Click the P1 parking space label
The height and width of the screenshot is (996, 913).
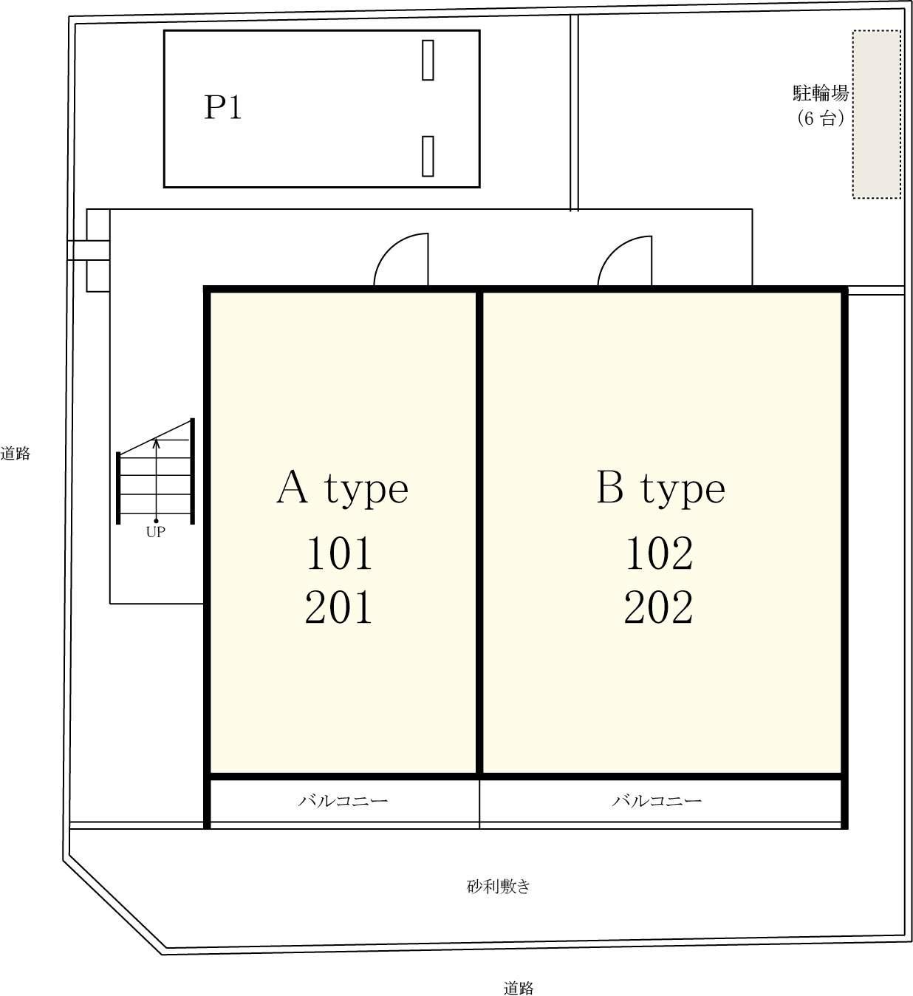click(x=223, y=107)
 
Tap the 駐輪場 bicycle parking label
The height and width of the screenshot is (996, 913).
click(x=820, y=93)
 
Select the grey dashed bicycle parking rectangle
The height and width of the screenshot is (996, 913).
click(x=877, y=115)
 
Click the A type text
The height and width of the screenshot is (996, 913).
click(x=343, y=489)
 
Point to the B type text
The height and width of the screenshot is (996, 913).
click(x=661, y=489)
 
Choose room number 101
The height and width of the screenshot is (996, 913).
click(x=340, y=553)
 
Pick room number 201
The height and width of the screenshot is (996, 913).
click(x=338, y=607)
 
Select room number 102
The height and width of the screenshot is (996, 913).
click(x=660, y=553)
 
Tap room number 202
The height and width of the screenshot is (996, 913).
click(x=659, y=607)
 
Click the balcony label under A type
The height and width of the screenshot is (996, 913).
click(x=343, y=800)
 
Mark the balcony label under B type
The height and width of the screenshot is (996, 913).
click(x=657, y=800)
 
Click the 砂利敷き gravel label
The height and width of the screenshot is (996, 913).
click(x=499, y=886)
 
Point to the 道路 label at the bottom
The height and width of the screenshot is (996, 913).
click(x=519, y=988)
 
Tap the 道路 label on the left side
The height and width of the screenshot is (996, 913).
click(x=15, y=453)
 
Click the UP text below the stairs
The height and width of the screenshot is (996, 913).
click(x=155, y=532)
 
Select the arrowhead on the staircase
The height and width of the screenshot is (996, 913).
click(x=157, y=443)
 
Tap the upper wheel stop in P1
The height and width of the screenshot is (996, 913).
click(x=428, y=60)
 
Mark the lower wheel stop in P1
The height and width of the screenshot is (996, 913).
click(x=428, y=156)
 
